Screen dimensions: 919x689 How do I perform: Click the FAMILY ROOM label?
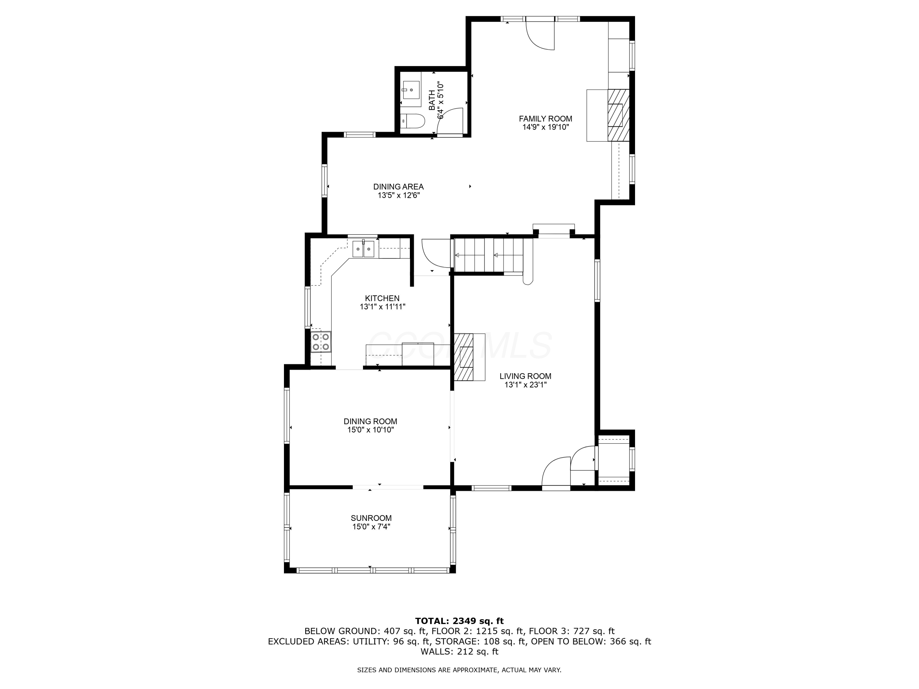tap(546, 119)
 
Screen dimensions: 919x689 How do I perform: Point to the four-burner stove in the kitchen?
tap(321, 342)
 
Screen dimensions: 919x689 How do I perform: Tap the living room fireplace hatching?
tap(464, 357)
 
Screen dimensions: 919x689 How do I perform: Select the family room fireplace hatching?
tap(618, 115)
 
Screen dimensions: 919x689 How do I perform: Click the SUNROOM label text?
tap(371, 518)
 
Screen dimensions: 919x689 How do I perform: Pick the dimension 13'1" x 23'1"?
tap(525, 385)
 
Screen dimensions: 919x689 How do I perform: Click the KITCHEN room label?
tap(382, 298)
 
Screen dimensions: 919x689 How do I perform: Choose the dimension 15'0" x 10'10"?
tap(371, 430)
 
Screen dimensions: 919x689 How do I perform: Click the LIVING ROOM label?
tap(525, 376)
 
